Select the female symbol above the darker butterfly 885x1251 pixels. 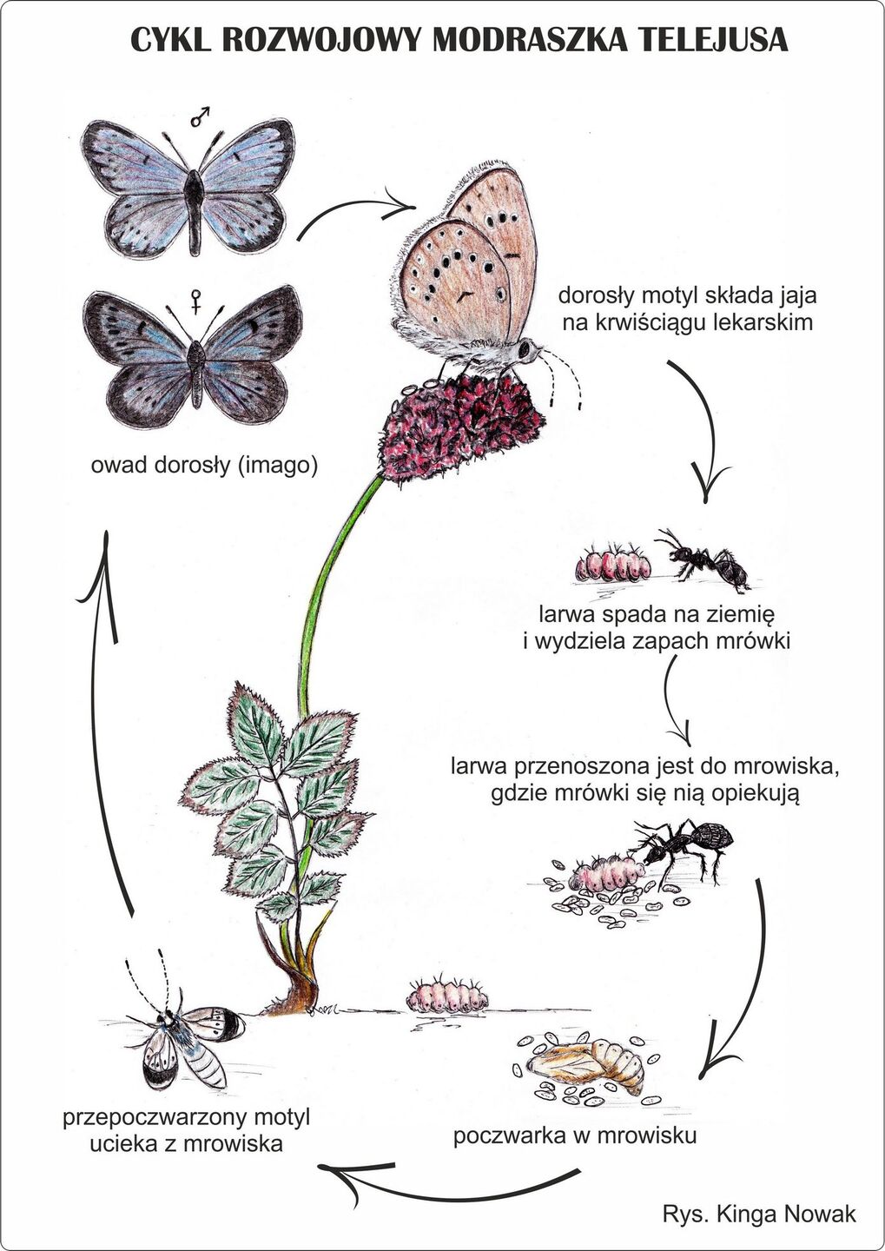[x=198, y=303]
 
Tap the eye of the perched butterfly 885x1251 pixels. [x=526, y=349]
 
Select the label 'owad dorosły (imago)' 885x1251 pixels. [x=205, y=466]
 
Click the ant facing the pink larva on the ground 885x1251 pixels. [x=705, y=561]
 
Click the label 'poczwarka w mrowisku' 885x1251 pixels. [x=575, y=1135]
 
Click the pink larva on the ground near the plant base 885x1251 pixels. [x=448, y=994]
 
